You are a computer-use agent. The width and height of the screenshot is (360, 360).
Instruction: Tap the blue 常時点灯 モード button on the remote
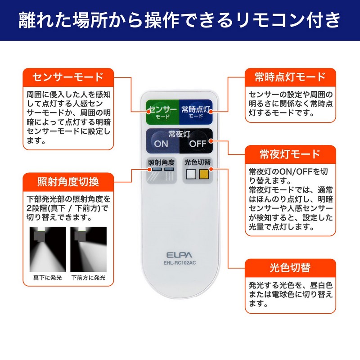196,112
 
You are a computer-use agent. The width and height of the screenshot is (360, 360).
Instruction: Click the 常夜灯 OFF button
196,141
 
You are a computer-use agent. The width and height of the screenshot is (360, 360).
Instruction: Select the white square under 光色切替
191,174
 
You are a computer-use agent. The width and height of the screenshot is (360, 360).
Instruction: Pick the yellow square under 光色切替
204,174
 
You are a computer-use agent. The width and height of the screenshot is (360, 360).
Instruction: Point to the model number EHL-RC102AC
180,263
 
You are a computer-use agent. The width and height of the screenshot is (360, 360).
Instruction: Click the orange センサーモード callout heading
68,77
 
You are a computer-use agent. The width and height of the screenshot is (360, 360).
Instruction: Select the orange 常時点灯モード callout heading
290,77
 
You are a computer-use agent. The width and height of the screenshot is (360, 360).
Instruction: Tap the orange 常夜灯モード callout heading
290,154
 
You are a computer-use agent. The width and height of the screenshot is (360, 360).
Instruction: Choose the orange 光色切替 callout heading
290,268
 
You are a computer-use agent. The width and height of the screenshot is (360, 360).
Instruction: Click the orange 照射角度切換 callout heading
68,182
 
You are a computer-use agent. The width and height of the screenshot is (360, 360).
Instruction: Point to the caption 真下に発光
48,278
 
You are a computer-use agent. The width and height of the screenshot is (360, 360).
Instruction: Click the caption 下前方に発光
88,278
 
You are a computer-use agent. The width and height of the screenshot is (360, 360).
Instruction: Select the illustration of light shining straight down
48,249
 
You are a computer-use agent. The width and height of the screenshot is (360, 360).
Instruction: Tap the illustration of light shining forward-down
88,249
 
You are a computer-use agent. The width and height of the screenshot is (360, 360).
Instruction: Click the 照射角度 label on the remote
161,162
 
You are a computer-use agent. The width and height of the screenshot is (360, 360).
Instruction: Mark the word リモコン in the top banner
271,20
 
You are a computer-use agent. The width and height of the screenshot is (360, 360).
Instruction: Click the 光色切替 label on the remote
198,162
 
